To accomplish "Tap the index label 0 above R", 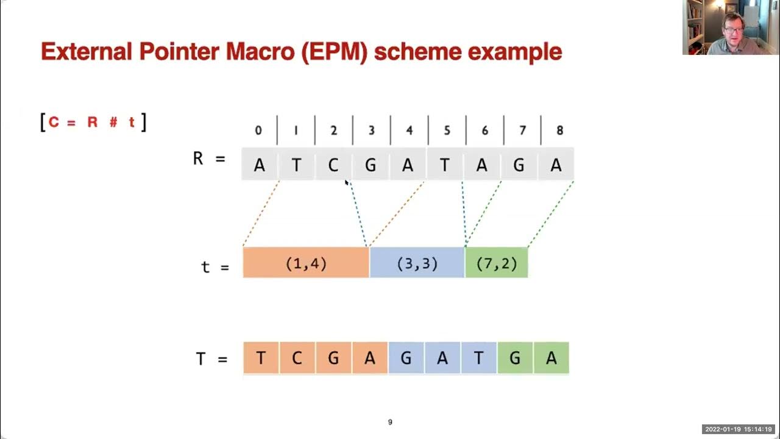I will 258,130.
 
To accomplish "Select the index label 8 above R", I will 559,130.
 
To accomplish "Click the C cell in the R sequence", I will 333,165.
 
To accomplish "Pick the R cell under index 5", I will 445,165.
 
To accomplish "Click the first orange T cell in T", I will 261,358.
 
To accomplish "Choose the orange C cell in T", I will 297,358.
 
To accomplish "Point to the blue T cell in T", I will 478,358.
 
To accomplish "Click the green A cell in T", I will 551,358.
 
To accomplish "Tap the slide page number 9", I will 390,422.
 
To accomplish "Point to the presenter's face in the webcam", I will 732,26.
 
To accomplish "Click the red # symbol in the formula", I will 113,122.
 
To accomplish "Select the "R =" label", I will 208,160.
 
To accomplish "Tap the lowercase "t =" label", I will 214,267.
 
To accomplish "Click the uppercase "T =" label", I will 211,359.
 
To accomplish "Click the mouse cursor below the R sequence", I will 347,182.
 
